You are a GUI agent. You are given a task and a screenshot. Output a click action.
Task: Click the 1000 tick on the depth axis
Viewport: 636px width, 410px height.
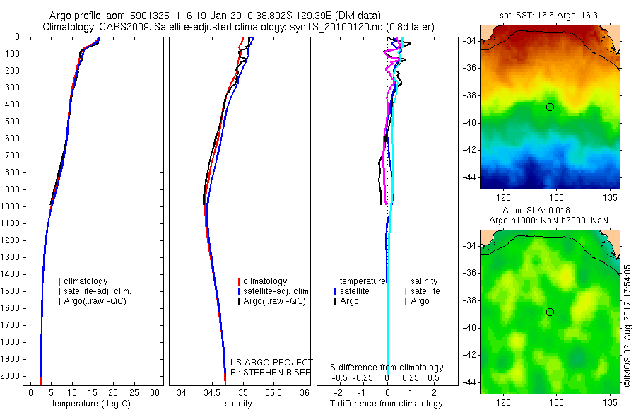[x=13, y=206]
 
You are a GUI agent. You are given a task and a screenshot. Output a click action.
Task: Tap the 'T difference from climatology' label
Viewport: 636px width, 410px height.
[x=386, y=404]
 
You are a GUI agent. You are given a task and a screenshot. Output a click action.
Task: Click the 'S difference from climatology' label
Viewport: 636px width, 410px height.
[x=387, y=368]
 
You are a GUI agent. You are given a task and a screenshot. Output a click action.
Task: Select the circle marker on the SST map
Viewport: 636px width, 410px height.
[x=550, y=107]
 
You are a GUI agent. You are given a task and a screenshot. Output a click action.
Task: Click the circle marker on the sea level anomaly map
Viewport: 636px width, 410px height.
[x=550, y=312]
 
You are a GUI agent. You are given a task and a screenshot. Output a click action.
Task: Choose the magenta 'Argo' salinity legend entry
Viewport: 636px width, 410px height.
[x=420, y=301]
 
